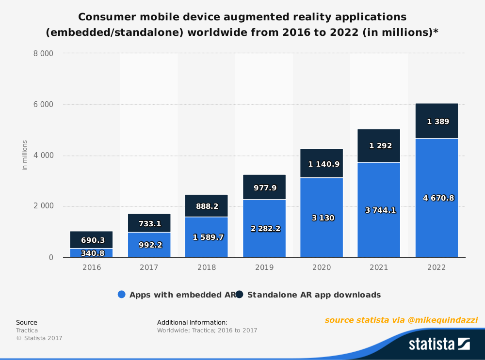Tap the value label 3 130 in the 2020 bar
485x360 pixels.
(322, 218)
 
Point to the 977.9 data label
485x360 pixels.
(264, 188)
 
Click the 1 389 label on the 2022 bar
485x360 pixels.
(437, 122)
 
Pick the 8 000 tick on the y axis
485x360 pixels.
(43, 54)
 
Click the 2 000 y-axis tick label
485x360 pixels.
(43, 206)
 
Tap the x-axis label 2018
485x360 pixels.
(207, 267)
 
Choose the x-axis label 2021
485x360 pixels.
(379, 267)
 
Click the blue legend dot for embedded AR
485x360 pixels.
(122, 295)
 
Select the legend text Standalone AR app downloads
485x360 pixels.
(314, 295)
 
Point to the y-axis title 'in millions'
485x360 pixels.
(25, 155)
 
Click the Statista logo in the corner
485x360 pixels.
(439, 344)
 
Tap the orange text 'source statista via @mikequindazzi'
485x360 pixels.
(401, 320)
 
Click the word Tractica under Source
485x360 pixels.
(27, 330)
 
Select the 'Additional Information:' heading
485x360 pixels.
(192, 322)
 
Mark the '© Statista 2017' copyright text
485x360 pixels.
(39, 338)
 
